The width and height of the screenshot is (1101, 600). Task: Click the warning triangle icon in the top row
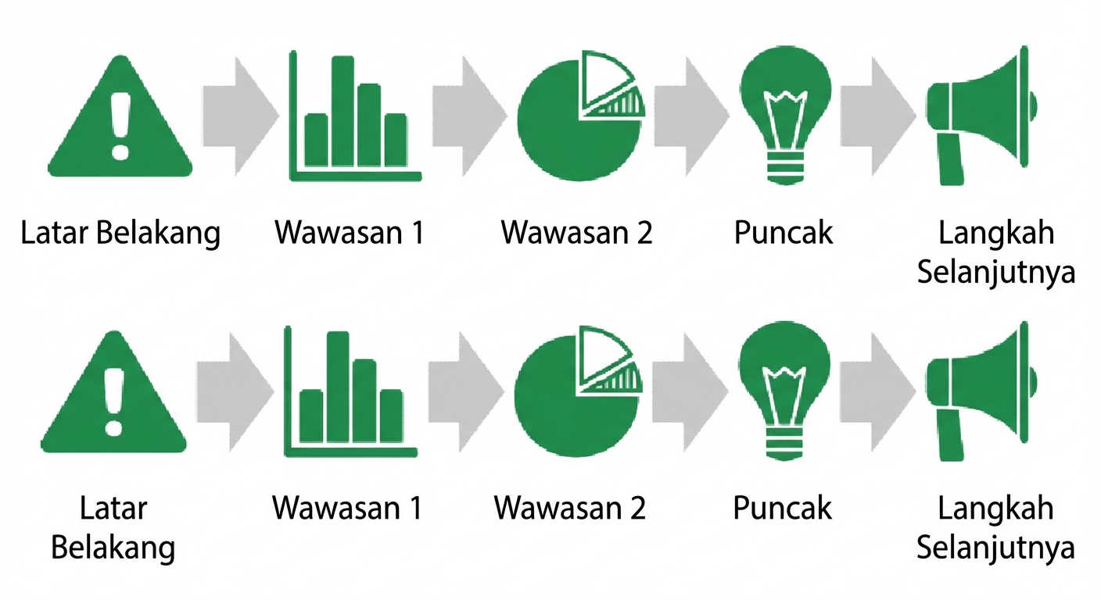120,118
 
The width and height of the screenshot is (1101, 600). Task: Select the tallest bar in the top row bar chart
342,112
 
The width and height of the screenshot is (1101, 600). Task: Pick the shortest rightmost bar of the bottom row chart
391,416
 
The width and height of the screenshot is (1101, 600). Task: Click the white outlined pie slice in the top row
604,79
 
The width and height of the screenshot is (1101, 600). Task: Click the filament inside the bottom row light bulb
784,393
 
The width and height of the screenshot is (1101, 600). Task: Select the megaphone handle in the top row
951,159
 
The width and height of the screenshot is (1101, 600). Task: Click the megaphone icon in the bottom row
982,391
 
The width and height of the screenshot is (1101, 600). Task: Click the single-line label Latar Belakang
120,233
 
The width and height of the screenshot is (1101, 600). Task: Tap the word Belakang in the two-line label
113,548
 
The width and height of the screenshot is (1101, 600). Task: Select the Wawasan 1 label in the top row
349,232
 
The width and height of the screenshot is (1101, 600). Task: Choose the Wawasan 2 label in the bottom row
570,508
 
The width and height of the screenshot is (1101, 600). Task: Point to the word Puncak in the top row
784,232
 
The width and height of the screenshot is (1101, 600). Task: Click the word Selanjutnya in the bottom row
995,548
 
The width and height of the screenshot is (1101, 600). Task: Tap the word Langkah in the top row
996,233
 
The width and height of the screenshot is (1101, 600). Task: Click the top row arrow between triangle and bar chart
241,116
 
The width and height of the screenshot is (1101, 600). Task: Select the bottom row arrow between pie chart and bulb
690,392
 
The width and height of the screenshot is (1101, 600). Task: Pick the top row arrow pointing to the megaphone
879,116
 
